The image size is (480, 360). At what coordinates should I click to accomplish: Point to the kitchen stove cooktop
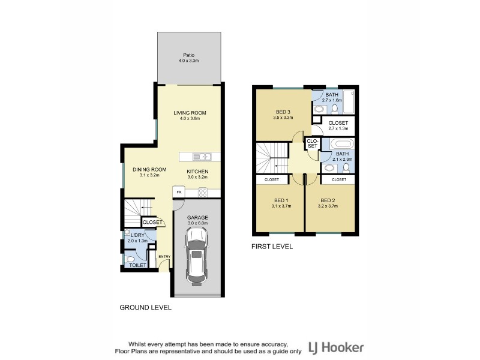[203, 193]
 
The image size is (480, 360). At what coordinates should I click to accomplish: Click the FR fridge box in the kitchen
[178, 192]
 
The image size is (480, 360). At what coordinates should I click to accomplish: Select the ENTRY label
[164, 257]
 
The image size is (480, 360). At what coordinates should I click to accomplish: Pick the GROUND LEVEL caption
[145, 307]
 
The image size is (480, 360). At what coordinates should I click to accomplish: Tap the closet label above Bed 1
[272, 179]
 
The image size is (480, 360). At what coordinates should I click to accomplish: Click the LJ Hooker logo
[335, 347]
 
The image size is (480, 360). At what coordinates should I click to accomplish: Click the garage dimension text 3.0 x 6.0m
[197, 223]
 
